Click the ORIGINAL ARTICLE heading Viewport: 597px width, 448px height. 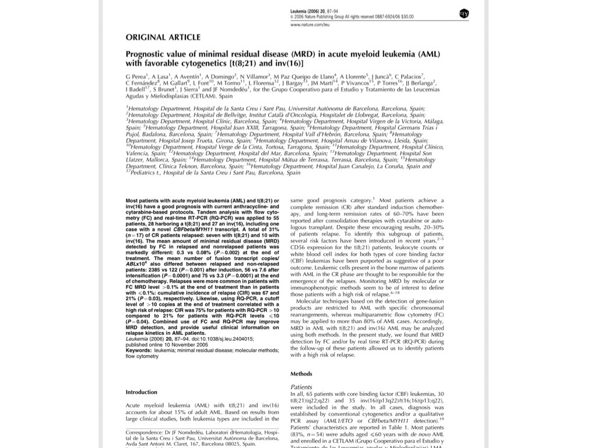click(x=163, y=37)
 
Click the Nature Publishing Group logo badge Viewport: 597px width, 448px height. click(x=464, y=13)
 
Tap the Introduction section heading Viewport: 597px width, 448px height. click(x=142, y=392)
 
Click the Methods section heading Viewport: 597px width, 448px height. click(x=301, y=374)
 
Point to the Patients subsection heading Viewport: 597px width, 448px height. click(x=301, y=387)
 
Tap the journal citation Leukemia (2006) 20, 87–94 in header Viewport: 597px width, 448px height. click(x=315, y=12)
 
